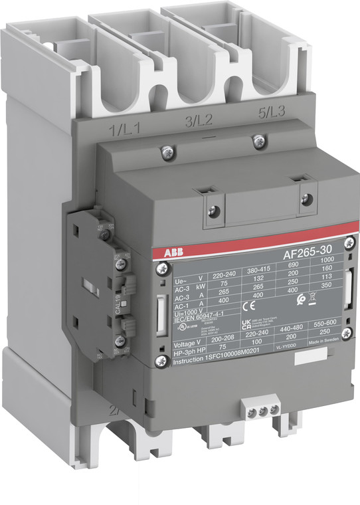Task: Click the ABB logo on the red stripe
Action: (168, 253)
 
